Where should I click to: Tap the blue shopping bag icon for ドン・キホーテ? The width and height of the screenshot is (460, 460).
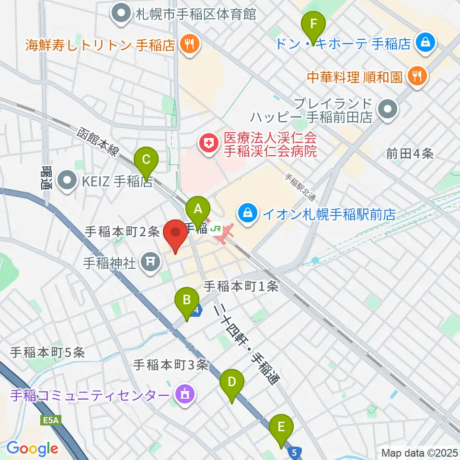click(x=425, y=44)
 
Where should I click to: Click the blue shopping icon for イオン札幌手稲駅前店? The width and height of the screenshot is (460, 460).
click(x=248, y=213)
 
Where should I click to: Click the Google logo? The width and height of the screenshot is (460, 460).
click(x=32, y=449)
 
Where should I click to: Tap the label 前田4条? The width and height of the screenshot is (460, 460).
click(x=410, y=154)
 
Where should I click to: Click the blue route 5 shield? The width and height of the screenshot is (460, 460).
click(x=296, y=452)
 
